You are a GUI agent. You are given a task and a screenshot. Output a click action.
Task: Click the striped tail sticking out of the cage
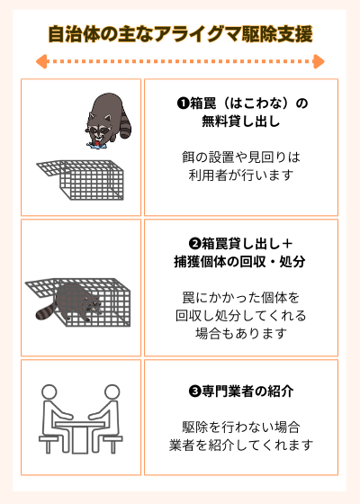(x=46, y=311)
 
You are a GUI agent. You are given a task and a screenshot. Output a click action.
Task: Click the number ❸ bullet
(x=194, y=392)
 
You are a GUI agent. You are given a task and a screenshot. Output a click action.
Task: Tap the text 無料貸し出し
(x=242, y=121)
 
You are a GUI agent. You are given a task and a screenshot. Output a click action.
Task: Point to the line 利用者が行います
(x=242, y=175)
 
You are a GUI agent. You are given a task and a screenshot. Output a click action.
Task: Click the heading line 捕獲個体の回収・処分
(x=240, y=262)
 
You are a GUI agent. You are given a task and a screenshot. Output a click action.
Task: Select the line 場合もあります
(x=240, y=334)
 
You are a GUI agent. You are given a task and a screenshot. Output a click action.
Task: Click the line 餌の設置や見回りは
(x=240, y=157)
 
